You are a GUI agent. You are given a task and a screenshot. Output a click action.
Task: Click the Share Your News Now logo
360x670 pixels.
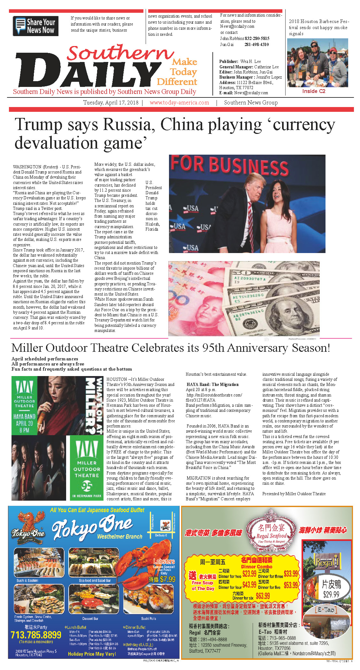[x=35, y=26]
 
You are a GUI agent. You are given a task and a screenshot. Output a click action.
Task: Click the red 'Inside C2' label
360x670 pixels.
[x=314, y=91]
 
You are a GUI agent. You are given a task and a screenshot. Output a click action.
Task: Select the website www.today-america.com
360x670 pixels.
[x=179, y=103]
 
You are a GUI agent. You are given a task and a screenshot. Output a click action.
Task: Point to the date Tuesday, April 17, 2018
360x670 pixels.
[x=111, y=103]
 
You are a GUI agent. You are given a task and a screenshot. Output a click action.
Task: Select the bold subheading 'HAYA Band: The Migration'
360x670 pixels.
[x=212, y=384]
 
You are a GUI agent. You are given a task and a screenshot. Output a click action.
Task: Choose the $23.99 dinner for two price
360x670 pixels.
[x=249, y=574]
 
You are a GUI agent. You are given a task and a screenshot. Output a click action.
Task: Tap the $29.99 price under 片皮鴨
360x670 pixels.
[x=331, y=595]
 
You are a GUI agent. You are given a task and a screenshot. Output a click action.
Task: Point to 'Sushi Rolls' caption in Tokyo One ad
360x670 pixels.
[x=149, y=619]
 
